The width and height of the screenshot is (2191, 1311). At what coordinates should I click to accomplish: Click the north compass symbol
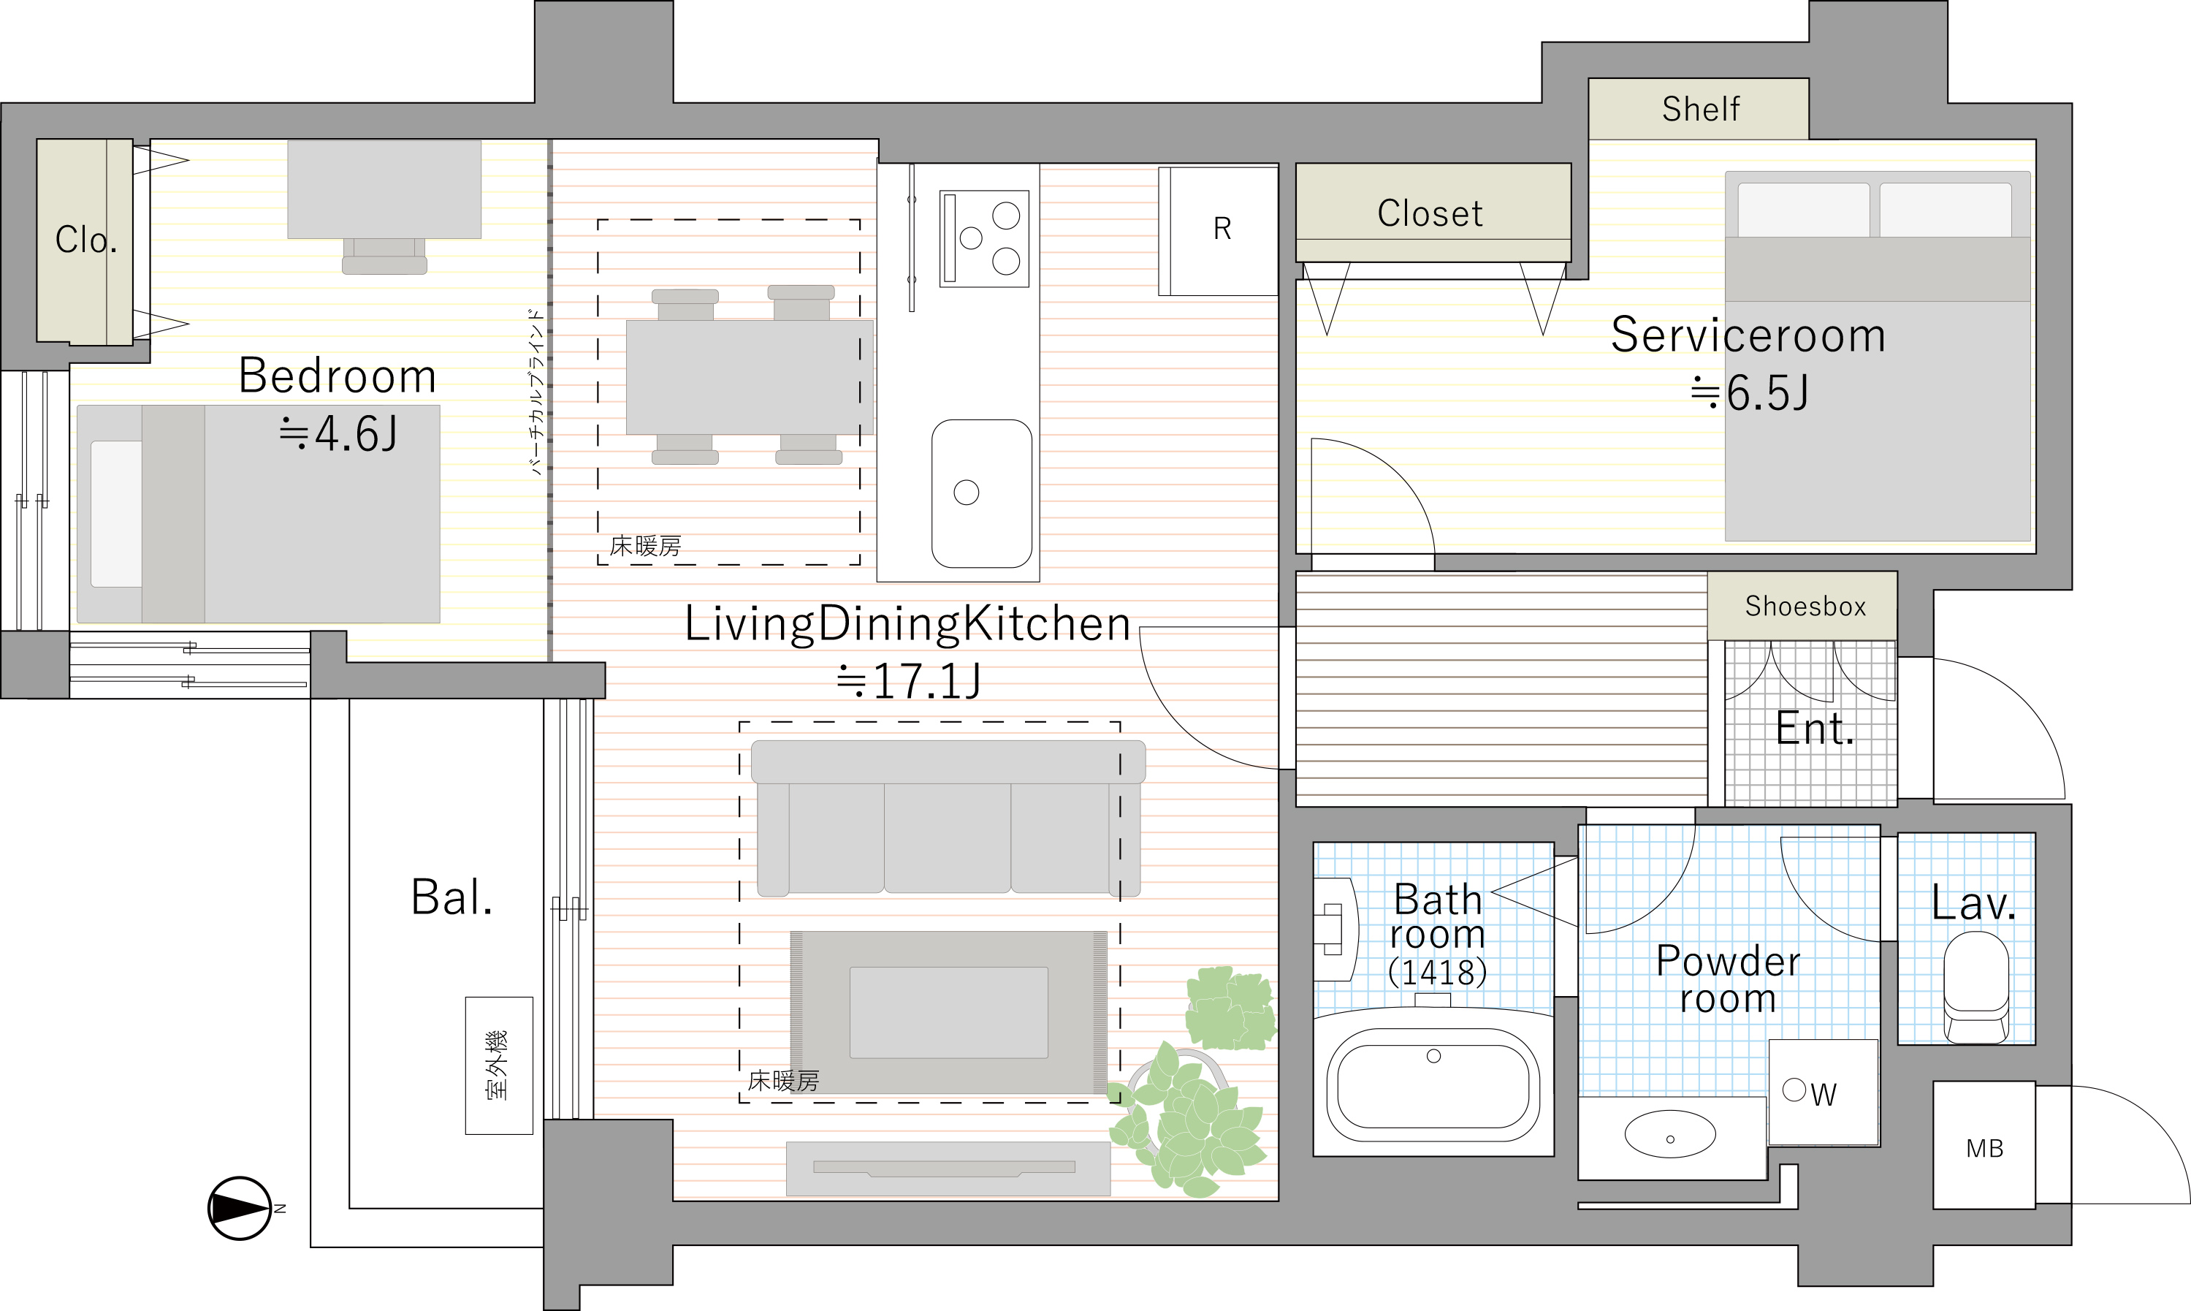pyautogui.click(x=240, y=1208)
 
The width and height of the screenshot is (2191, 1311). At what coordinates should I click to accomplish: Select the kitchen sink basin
pyautogui.click(x=981, y=493)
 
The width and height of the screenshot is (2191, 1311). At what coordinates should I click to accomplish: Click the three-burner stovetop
pyautogui.click(x=984, y=238)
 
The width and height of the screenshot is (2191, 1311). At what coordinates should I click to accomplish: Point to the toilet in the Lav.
pyautogui.click(x=1976, y=987)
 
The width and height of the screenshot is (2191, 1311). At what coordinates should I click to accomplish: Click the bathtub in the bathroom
pyautogui.click(x=1433, y=1086)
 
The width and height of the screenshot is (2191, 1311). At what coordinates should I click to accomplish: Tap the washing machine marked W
pyautogui.click(x=1823, y=1092)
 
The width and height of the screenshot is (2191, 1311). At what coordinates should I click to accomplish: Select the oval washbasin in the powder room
pyautogui.click(x=1670, y=1134)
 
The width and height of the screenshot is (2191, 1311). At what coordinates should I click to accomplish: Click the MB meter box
pyautogui.click(x=1984, y=1145)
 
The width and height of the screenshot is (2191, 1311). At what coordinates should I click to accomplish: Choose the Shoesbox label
pyautogui.click(x=1805, y=606)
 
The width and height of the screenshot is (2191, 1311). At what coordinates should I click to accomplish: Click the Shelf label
pyautogui.click(x=1700, y=109)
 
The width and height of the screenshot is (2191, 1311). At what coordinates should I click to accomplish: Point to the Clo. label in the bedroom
pyautogui.click(x=85, y=240)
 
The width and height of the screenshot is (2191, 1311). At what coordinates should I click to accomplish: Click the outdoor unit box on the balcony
pyautogui.click(x=499, y=1065)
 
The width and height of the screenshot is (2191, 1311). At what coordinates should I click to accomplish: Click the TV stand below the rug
pyautogui.click(x=948, y=1168)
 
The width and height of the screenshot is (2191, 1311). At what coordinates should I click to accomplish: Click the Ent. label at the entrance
pyautogui.click(x=1815, y=729)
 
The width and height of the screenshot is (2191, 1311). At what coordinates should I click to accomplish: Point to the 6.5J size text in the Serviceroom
pyautogui.click(x=1767, y=393)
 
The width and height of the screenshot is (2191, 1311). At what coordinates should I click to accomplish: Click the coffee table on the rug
pyautogui.click(x=948, y=1012)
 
